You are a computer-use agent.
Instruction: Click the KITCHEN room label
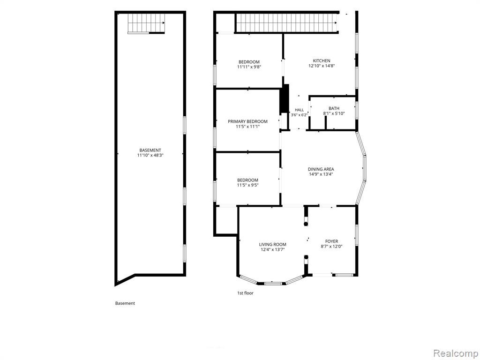(322, 60)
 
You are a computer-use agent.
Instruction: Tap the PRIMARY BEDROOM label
(247, 121)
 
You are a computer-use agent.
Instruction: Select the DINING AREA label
(321, 169)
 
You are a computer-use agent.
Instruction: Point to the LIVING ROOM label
(273, 244)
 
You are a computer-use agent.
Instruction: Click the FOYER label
(331, 241)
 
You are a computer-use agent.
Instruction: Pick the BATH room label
(334, 108)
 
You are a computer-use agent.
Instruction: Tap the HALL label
(300, 110)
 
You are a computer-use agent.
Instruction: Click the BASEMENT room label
(150, 150)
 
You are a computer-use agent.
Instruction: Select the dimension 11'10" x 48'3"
(150, 155)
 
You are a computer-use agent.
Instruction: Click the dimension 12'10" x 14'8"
(322, 66)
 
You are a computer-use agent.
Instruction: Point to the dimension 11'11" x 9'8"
(249, 67)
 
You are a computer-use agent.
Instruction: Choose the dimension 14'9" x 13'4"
(321, 174)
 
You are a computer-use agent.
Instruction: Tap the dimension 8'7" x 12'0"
(331, 246)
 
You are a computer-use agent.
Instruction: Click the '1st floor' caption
(246, 293)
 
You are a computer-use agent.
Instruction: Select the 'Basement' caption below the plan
(125, 303)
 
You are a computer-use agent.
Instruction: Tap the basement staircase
(146, 23)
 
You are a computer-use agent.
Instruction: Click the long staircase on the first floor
(286, 22)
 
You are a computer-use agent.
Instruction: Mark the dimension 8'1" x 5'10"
(334, 113)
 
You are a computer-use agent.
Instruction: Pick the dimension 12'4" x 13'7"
(273, 249)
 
